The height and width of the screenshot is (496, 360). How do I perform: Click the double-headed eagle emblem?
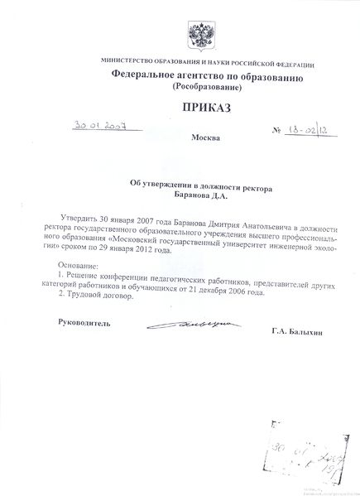pos(199,37)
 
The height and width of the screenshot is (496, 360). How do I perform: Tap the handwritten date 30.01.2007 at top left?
pos(98,125)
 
